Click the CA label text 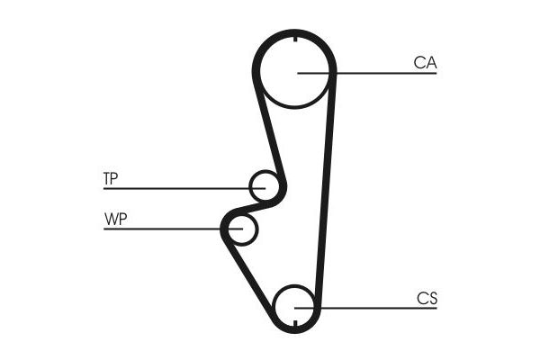(425, 63)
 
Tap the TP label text (111, 178)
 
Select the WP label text (116, 219)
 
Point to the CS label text (427, 298)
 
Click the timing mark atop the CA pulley (295, 39)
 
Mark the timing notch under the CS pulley (295, 323)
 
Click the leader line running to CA (367, 73)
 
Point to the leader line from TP (184, 188)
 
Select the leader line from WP (173, 229)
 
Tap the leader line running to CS (365, 308)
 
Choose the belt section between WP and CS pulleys (248, 272)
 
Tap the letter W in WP (111, 219)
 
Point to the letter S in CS (432, 298)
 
